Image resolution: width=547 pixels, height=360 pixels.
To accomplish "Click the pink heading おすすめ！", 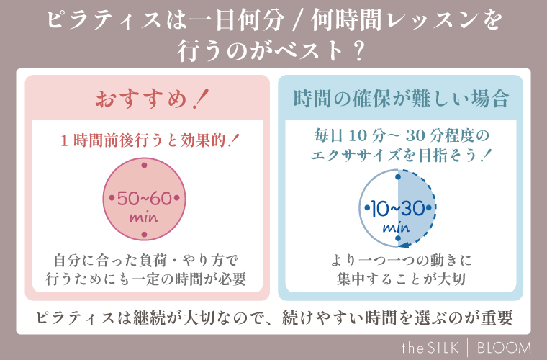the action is [x=148, y=98].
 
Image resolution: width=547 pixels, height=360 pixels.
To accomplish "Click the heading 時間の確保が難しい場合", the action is [x=401, y=98].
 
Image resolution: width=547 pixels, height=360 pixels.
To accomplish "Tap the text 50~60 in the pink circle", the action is [x=143, y=198].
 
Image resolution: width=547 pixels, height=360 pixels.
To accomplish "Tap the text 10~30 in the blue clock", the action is [x=395, y=208].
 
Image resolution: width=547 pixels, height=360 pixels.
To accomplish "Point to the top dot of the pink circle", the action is [x=144, y=166].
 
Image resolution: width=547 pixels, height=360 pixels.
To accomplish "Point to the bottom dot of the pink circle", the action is [x=144, y=234].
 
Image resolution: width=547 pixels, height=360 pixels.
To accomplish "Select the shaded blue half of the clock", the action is [x=415, y=208].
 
